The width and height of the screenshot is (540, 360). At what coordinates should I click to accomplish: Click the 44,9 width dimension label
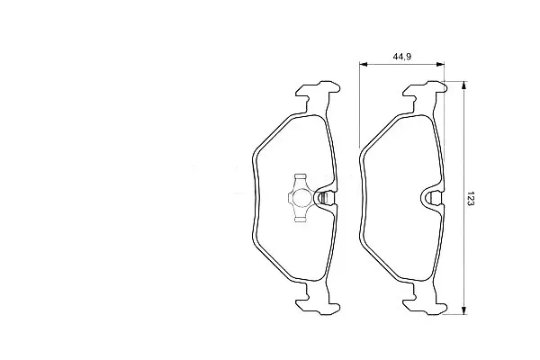(x=402, y=57)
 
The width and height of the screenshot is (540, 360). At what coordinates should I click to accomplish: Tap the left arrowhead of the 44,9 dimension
(x=364, y=64)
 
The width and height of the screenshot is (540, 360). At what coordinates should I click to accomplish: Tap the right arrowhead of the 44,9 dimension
(x=440, y=64)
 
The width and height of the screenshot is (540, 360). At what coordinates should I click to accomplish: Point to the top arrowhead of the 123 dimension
(x=464, y=85)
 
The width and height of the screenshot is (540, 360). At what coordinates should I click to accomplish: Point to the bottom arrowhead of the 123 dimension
(x=464, y=310)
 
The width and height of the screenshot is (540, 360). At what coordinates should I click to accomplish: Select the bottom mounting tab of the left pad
(x=319, y=303)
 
